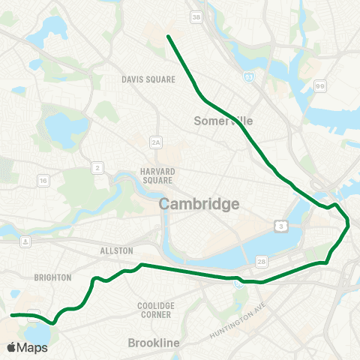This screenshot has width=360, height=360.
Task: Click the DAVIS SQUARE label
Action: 148,79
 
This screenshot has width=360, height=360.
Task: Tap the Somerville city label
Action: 224,120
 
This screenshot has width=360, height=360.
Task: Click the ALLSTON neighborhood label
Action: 115,250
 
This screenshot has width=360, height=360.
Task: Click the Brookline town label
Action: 154,343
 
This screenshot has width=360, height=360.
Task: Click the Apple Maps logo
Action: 27,347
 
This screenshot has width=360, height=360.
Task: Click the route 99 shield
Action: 320,87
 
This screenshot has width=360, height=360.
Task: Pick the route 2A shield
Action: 156,141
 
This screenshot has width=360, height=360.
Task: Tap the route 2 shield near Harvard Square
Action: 99,168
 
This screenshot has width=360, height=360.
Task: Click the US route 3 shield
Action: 279,225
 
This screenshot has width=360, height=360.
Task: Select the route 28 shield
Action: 261,261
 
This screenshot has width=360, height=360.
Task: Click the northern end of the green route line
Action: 167,36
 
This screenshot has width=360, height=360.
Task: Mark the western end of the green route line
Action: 13,316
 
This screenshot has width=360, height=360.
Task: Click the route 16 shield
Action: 43,181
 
